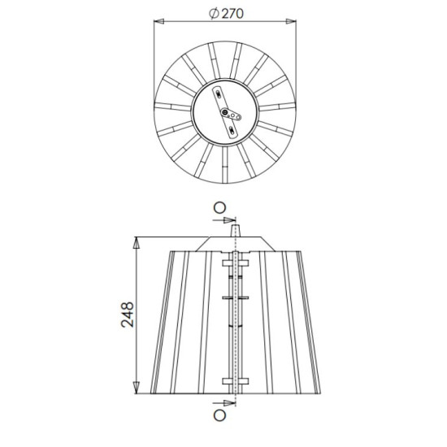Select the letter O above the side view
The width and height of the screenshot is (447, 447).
(220, 207)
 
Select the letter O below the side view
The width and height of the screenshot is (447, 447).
(220, 415)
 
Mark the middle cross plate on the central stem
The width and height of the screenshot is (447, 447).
(234, 299)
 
